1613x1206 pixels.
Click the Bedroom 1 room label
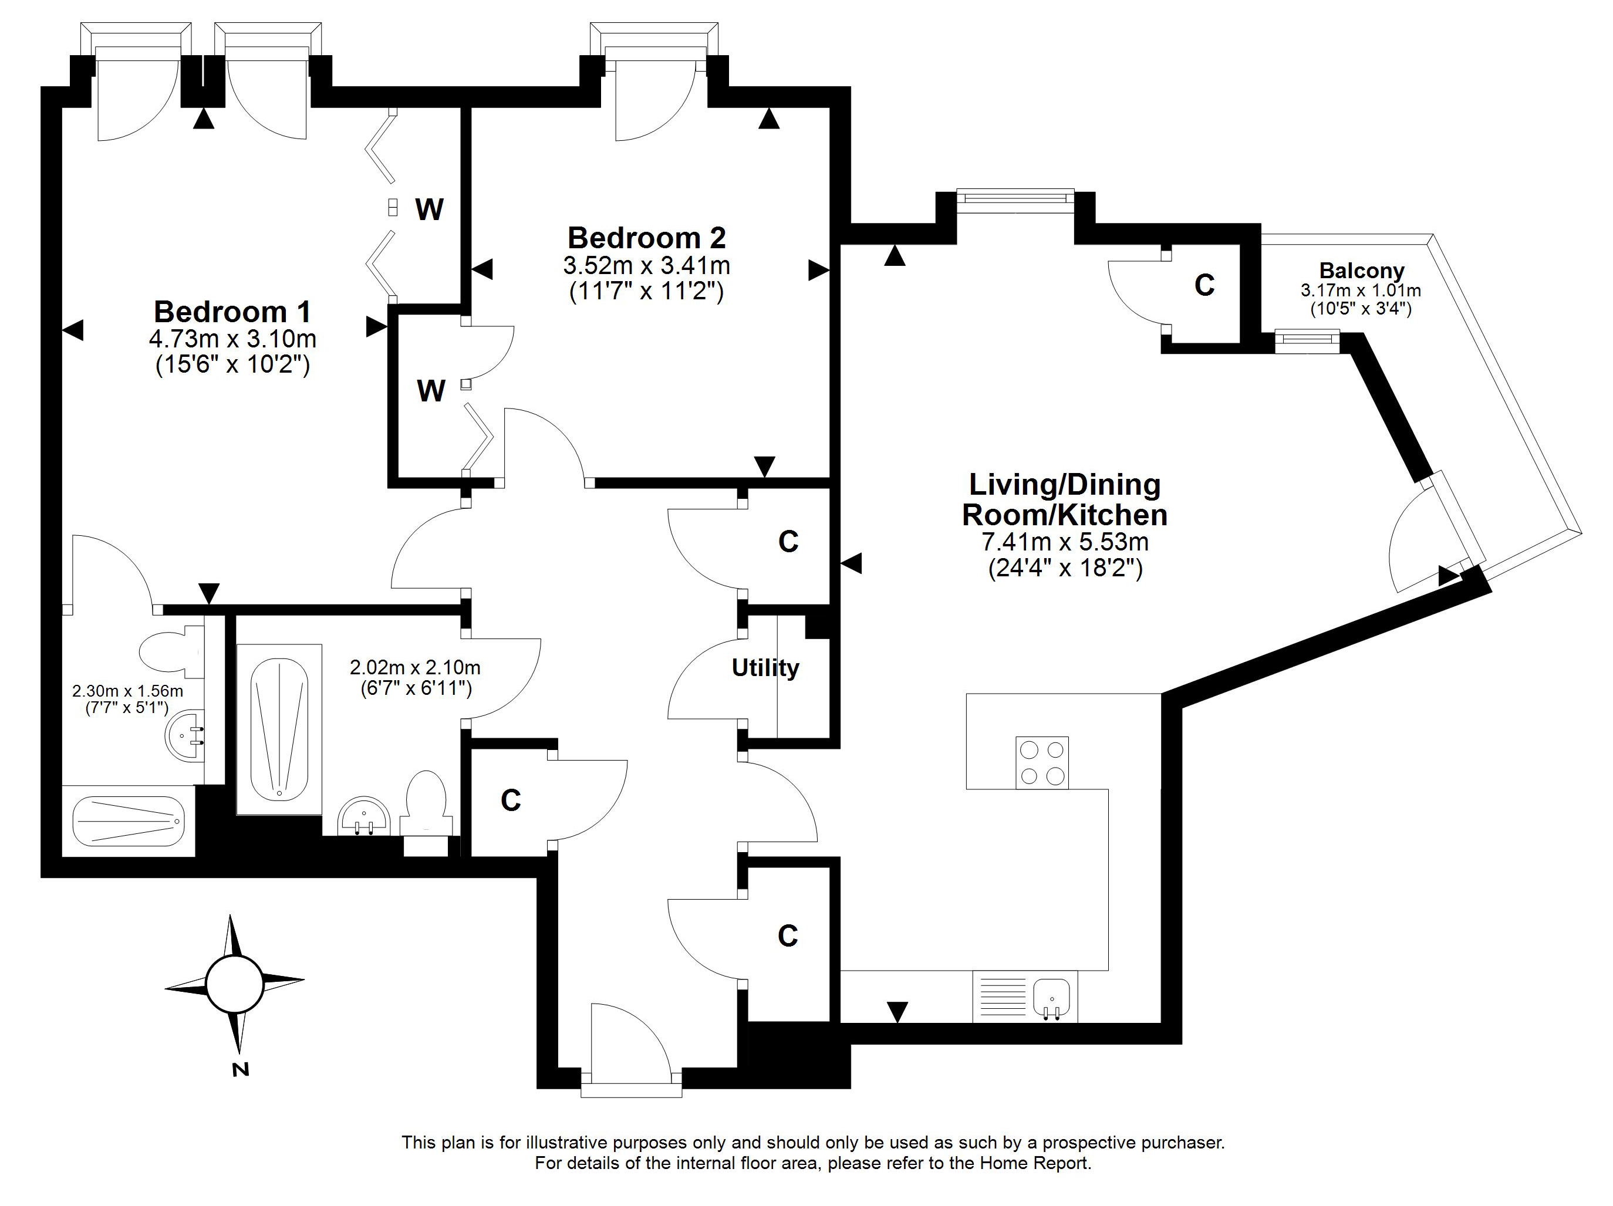tap(232, 312)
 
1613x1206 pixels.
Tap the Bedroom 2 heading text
tap(647, 238)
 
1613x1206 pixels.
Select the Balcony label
tap(1361, 271)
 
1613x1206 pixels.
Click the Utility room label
tap(765, 668)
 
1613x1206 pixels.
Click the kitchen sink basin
tap(1051, 996)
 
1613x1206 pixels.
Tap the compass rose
tap(234, 984)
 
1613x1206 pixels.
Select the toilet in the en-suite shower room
tap(169, 652)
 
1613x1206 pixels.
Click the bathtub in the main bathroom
tap(279, 729)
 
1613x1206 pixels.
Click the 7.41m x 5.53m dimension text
tap(1065, 542)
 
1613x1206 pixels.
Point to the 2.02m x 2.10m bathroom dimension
tap(415, 667)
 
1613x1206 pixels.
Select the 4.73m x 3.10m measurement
tap(232, 339)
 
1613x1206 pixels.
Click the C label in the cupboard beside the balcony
tap(1204, 285)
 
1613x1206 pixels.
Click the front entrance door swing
tap(629, 1039)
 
